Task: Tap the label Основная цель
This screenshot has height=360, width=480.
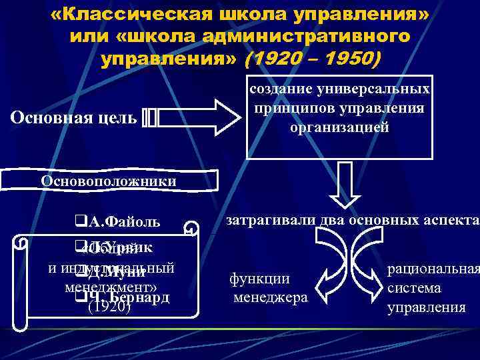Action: click(74, 119)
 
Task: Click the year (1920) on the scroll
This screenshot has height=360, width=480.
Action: click(109, 307)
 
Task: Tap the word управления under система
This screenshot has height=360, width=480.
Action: click(427, 307)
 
